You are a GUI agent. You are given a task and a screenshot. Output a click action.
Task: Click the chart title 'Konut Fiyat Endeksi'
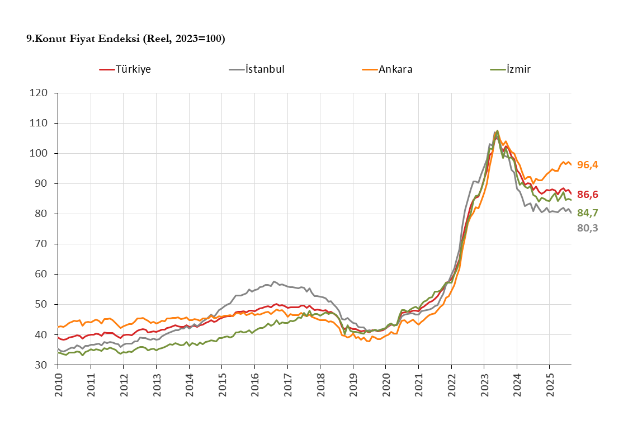[x=126, y=39]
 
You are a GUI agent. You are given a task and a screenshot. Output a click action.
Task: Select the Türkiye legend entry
[x=126, y=69]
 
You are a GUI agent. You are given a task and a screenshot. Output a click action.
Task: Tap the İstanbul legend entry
[x=258, y=69]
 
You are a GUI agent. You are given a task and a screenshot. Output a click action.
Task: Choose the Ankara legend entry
[x=389, y=69]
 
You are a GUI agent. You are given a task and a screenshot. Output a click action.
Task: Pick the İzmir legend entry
[x=511, y=69]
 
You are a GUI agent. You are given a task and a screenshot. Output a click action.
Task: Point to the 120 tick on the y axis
[x=41, y=93]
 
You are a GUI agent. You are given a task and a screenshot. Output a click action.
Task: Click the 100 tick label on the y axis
[x=41, y=153]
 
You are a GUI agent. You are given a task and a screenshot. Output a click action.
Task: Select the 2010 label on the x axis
[x=58, y=385]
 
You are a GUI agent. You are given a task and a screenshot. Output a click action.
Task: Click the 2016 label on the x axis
[x=255, y=385]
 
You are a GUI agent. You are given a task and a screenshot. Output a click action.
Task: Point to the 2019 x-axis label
[x=353, y=385]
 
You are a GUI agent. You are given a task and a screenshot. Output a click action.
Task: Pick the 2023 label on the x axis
[x=484, y=385]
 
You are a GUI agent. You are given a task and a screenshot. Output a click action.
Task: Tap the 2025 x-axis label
[x=550, y=385]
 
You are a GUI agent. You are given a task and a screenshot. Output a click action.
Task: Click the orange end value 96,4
[x=587, y=164]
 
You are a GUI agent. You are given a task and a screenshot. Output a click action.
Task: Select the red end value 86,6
[x=587, y=195]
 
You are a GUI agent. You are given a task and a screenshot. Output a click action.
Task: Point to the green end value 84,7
[x=587, y=212]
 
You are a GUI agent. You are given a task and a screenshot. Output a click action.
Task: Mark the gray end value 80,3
[x=587, y=228]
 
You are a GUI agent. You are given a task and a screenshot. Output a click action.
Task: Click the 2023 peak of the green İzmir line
[x=497, y=131]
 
